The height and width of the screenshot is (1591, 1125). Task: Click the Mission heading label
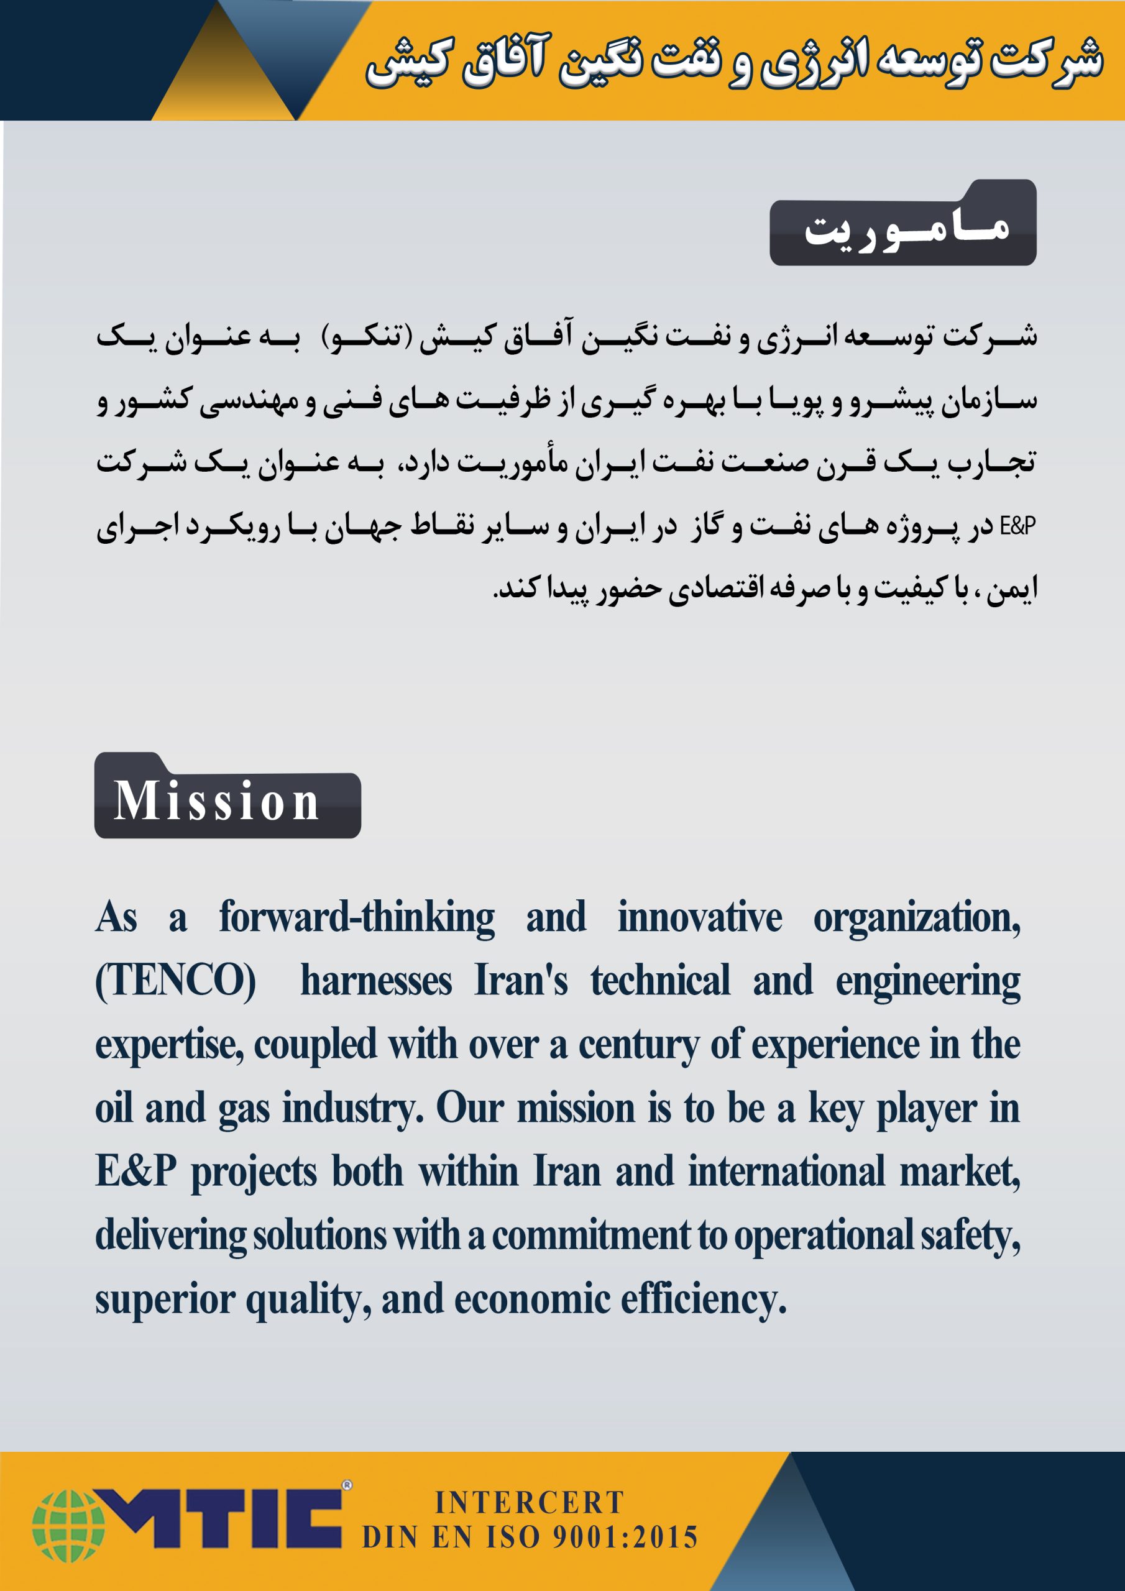pos(216,801)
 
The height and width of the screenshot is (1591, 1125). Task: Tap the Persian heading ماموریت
pos(906,229)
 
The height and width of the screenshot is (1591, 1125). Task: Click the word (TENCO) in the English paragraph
pos(175,981)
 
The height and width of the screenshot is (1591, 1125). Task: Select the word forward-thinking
pos(357,917)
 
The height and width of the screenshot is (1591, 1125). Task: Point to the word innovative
pos(699,917)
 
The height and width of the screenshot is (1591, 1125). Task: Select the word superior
pos(165,1300)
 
